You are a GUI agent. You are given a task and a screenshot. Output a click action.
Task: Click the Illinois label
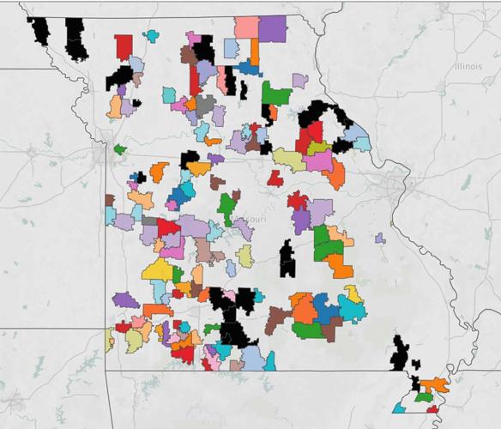pyautogui.click(x=470, y=66)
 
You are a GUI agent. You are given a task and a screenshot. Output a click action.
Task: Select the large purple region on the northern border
pyautogui.click(x=273, y=28)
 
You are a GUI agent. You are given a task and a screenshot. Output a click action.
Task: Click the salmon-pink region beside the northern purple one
pyautogui.click(x=246, y=27)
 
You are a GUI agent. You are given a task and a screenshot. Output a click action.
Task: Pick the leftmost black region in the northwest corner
pyautogui.click(x=39, y=30)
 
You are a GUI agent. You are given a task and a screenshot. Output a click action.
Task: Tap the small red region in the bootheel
pyautogui.click(x=432, y=409)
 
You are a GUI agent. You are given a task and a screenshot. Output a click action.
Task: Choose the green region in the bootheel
pyautogui.click(x=423, y=396)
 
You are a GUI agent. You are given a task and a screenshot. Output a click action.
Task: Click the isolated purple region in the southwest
pyautogui.click(x=125, y=299)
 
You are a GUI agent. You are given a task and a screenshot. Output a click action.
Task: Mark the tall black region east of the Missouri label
pyautogui.click(x=287, y=257)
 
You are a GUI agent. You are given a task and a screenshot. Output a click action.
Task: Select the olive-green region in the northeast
pyautogui.click(x=289, y=160)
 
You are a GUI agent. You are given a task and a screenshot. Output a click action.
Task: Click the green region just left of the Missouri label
pyautogui.click(x=226, y=207)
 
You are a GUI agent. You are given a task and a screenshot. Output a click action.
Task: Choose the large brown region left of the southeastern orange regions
pyautogui.click(x=277, y=319)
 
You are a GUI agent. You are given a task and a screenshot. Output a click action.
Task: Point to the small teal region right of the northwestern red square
pyautogui.click(x=152, y=36)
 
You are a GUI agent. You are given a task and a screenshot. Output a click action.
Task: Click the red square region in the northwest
pyautogui.click(x=124, y=46)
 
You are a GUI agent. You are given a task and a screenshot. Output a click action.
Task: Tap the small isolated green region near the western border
pyautogui.click(x=120, y=149)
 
